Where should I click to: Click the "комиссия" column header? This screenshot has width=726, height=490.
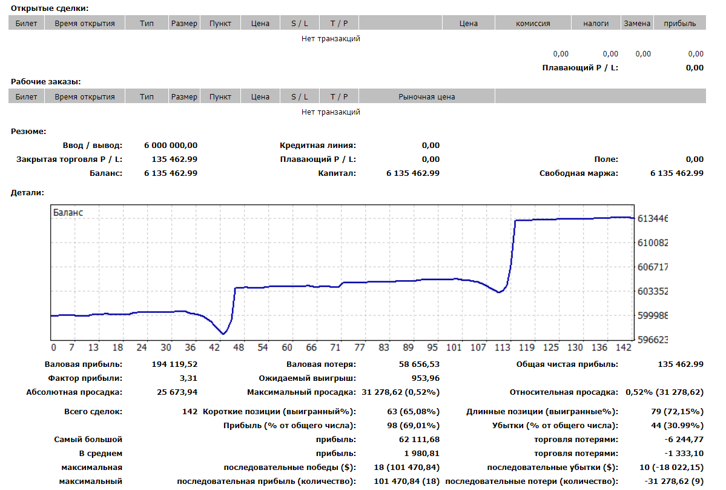pos(533,23)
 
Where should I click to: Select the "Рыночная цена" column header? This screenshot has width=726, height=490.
pos(426,96)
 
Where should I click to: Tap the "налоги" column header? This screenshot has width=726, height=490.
pos(596,23)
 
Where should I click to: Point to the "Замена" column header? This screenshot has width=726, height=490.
pos(637,23)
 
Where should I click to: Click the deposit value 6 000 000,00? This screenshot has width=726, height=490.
pos(171,145)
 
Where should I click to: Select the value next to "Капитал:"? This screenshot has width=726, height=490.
pos(413,173)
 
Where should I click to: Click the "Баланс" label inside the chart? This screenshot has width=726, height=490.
pos(68,212)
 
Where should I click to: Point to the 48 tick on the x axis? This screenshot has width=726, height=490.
pos(239,347)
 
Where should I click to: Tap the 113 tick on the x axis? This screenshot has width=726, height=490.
pos(503,347)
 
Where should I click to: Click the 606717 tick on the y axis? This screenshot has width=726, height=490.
pos(652,267)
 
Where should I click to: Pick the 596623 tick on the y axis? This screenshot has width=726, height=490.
pos(652,340)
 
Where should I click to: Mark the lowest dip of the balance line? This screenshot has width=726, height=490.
pos(223,334)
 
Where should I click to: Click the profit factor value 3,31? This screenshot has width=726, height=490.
pos(188,378)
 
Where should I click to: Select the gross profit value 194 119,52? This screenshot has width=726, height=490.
pos(174,364)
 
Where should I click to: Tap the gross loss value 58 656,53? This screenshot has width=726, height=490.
pos(420,364)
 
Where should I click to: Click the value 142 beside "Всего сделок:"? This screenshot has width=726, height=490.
pos(190,412)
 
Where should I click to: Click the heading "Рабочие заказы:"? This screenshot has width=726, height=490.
pos(46,82)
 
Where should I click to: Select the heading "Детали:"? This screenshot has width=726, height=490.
pos(27,193)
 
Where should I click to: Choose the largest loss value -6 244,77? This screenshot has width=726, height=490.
pos(684,440)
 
